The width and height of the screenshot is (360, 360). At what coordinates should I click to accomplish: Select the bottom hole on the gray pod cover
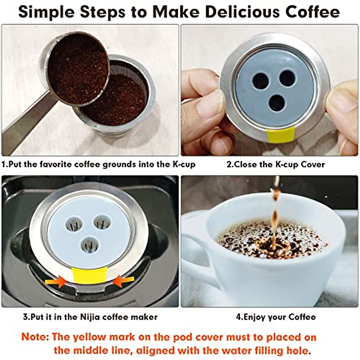point(277,103)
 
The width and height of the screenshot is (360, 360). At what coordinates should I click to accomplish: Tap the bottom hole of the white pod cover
point(89,244)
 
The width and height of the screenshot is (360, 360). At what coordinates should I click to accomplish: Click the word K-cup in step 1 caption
point(184,164)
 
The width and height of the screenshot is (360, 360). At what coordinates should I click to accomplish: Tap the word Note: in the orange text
point(35,337)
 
